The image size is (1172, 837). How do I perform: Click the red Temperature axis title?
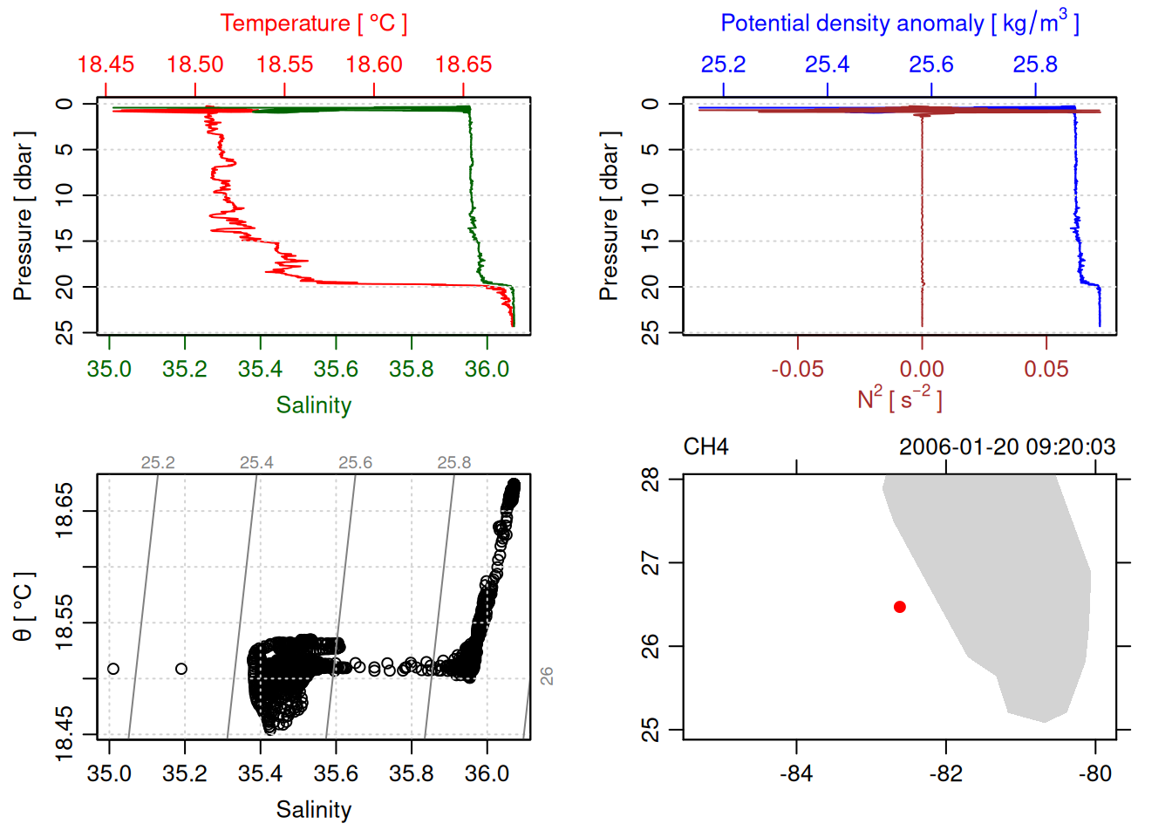tap(313, 24)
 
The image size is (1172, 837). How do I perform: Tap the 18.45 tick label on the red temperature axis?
tap(106, 65)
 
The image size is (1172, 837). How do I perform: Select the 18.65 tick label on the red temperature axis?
tap(463, 65)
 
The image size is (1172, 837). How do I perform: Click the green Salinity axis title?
tap(313, 405)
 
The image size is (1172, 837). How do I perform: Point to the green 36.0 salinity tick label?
tap(487, 370)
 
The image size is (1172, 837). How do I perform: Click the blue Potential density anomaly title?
tap(899, 24)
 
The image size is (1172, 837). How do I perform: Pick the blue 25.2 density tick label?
tap(723, 65)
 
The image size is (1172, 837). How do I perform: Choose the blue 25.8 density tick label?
tap(1035, 65)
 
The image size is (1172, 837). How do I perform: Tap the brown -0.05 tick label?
tap(797, 370)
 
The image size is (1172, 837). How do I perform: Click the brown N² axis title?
tap(899, 398)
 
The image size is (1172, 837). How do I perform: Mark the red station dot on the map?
tap(900, 607)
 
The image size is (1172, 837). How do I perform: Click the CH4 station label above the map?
tap(705, 447)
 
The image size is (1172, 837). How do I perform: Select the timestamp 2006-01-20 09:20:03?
tap(1007, 447)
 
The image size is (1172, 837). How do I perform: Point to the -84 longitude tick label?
tap(796, 774)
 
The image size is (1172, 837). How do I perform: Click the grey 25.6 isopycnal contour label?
tap(355, 463)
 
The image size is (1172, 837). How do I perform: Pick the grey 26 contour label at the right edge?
tap(547, 676)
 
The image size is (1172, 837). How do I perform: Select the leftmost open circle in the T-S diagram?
tap(113, 669)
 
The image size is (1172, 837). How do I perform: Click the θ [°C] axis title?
tap(23, 607)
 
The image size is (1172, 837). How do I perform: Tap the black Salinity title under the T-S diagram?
tap(313, 810)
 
